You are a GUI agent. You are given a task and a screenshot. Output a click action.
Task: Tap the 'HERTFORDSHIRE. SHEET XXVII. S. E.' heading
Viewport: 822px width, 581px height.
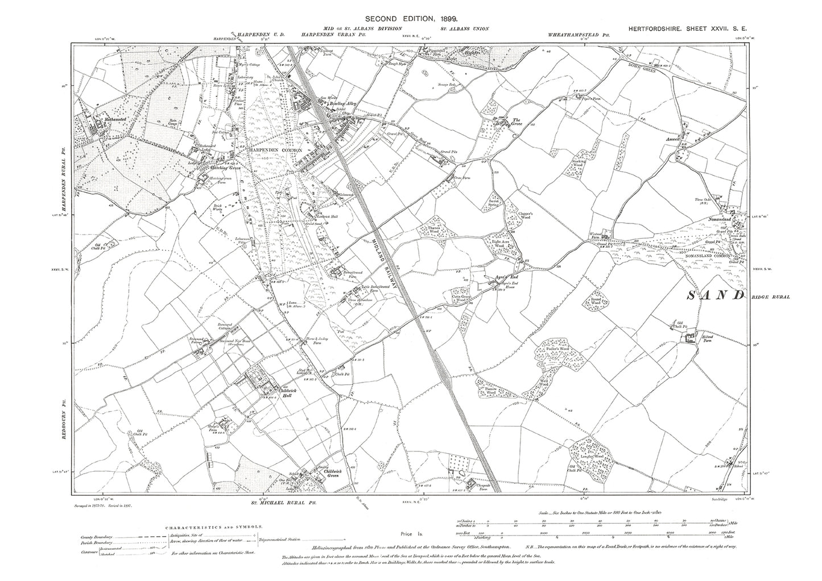(x=691, y=28)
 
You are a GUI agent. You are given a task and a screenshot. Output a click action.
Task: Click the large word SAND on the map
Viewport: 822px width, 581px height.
(x=716, y=296)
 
